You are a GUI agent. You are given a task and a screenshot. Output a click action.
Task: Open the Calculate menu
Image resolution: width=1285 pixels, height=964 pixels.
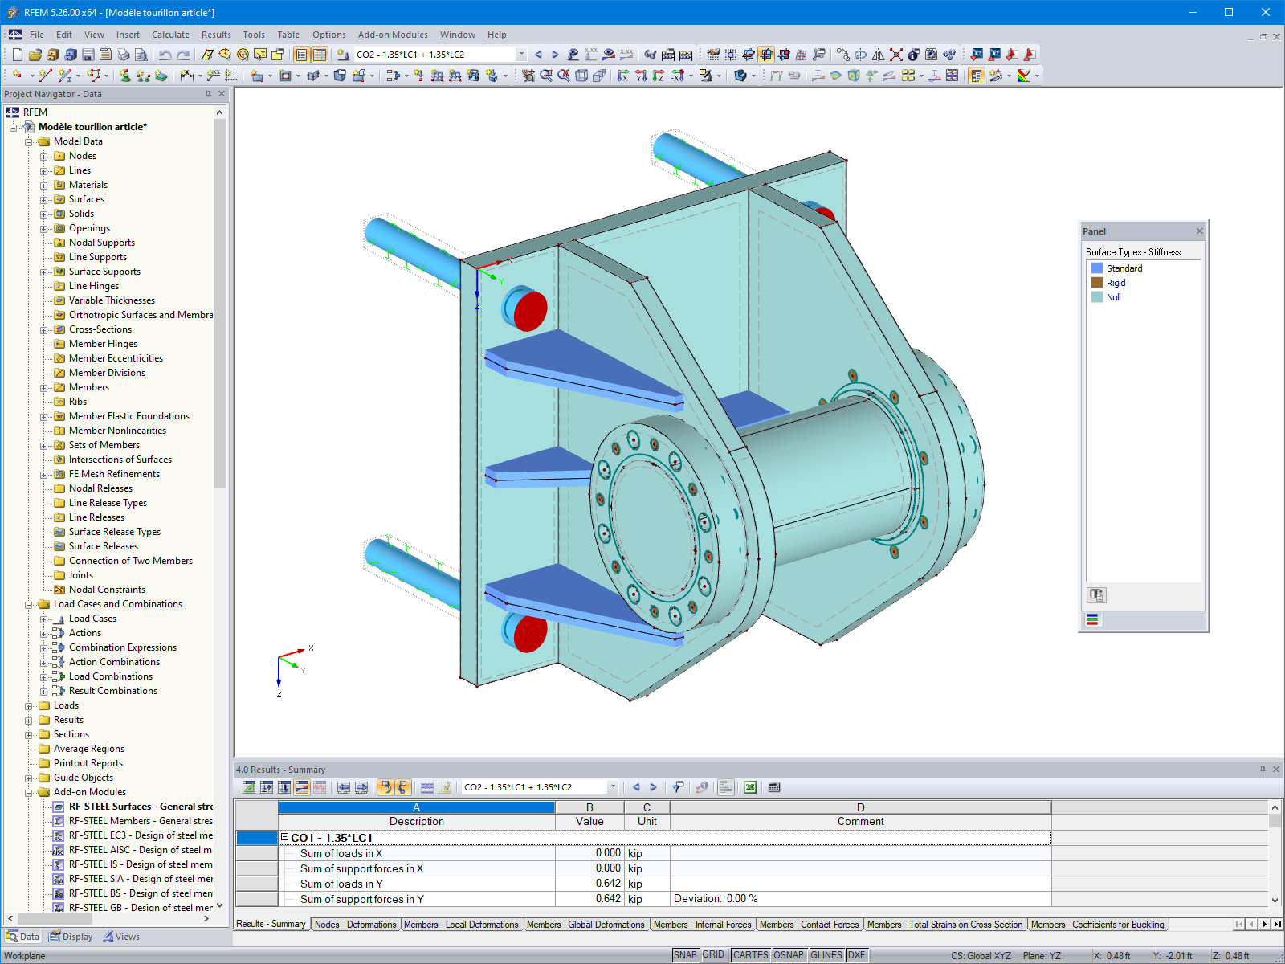coord(170,35)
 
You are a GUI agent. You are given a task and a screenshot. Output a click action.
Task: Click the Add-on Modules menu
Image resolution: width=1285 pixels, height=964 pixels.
coord(392,35)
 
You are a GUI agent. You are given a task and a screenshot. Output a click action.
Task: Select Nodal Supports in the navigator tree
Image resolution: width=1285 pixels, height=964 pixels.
coord(101,243)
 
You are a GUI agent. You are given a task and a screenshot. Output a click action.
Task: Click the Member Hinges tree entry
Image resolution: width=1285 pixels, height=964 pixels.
coord(103,344)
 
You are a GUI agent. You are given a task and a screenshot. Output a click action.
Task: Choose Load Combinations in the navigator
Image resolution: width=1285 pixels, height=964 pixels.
coord(110,676)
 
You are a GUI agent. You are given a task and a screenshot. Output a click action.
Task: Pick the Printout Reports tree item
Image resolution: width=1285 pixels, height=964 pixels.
coord(88,763)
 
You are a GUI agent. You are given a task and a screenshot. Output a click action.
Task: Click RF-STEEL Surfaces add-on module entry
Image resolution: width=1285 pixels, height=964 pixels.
coord(140,807)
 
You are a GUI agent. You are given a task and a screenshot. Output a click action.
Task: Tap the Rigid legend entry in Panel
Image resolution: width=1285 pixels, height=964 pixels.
coord(1116,283)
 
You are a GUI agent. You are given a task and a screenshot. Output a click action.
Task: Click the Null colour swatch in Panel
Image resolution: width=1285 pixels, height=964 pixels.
coord(1096,297)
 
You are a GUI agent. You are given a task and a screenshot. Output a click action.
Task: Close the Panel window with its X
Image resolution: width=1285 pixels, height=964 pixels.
coord(1199,231)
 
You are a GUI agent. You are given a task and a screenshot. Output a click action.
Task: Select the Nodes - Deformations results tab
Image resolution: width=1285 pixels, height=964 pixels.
coord(355,925)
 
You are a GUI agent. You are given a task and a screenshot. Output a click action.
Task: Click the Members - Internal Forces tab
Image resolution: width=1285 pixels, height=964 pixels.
coord(702,925)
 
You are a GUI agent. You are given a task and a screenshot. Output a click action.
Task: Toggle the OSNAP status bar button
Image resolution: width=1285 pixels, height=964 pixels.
coord(788,955)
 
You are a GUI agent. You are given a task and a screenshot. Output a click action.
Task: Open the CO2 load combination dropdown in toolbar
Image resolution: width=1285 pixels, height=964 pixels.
coord(521,55)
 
